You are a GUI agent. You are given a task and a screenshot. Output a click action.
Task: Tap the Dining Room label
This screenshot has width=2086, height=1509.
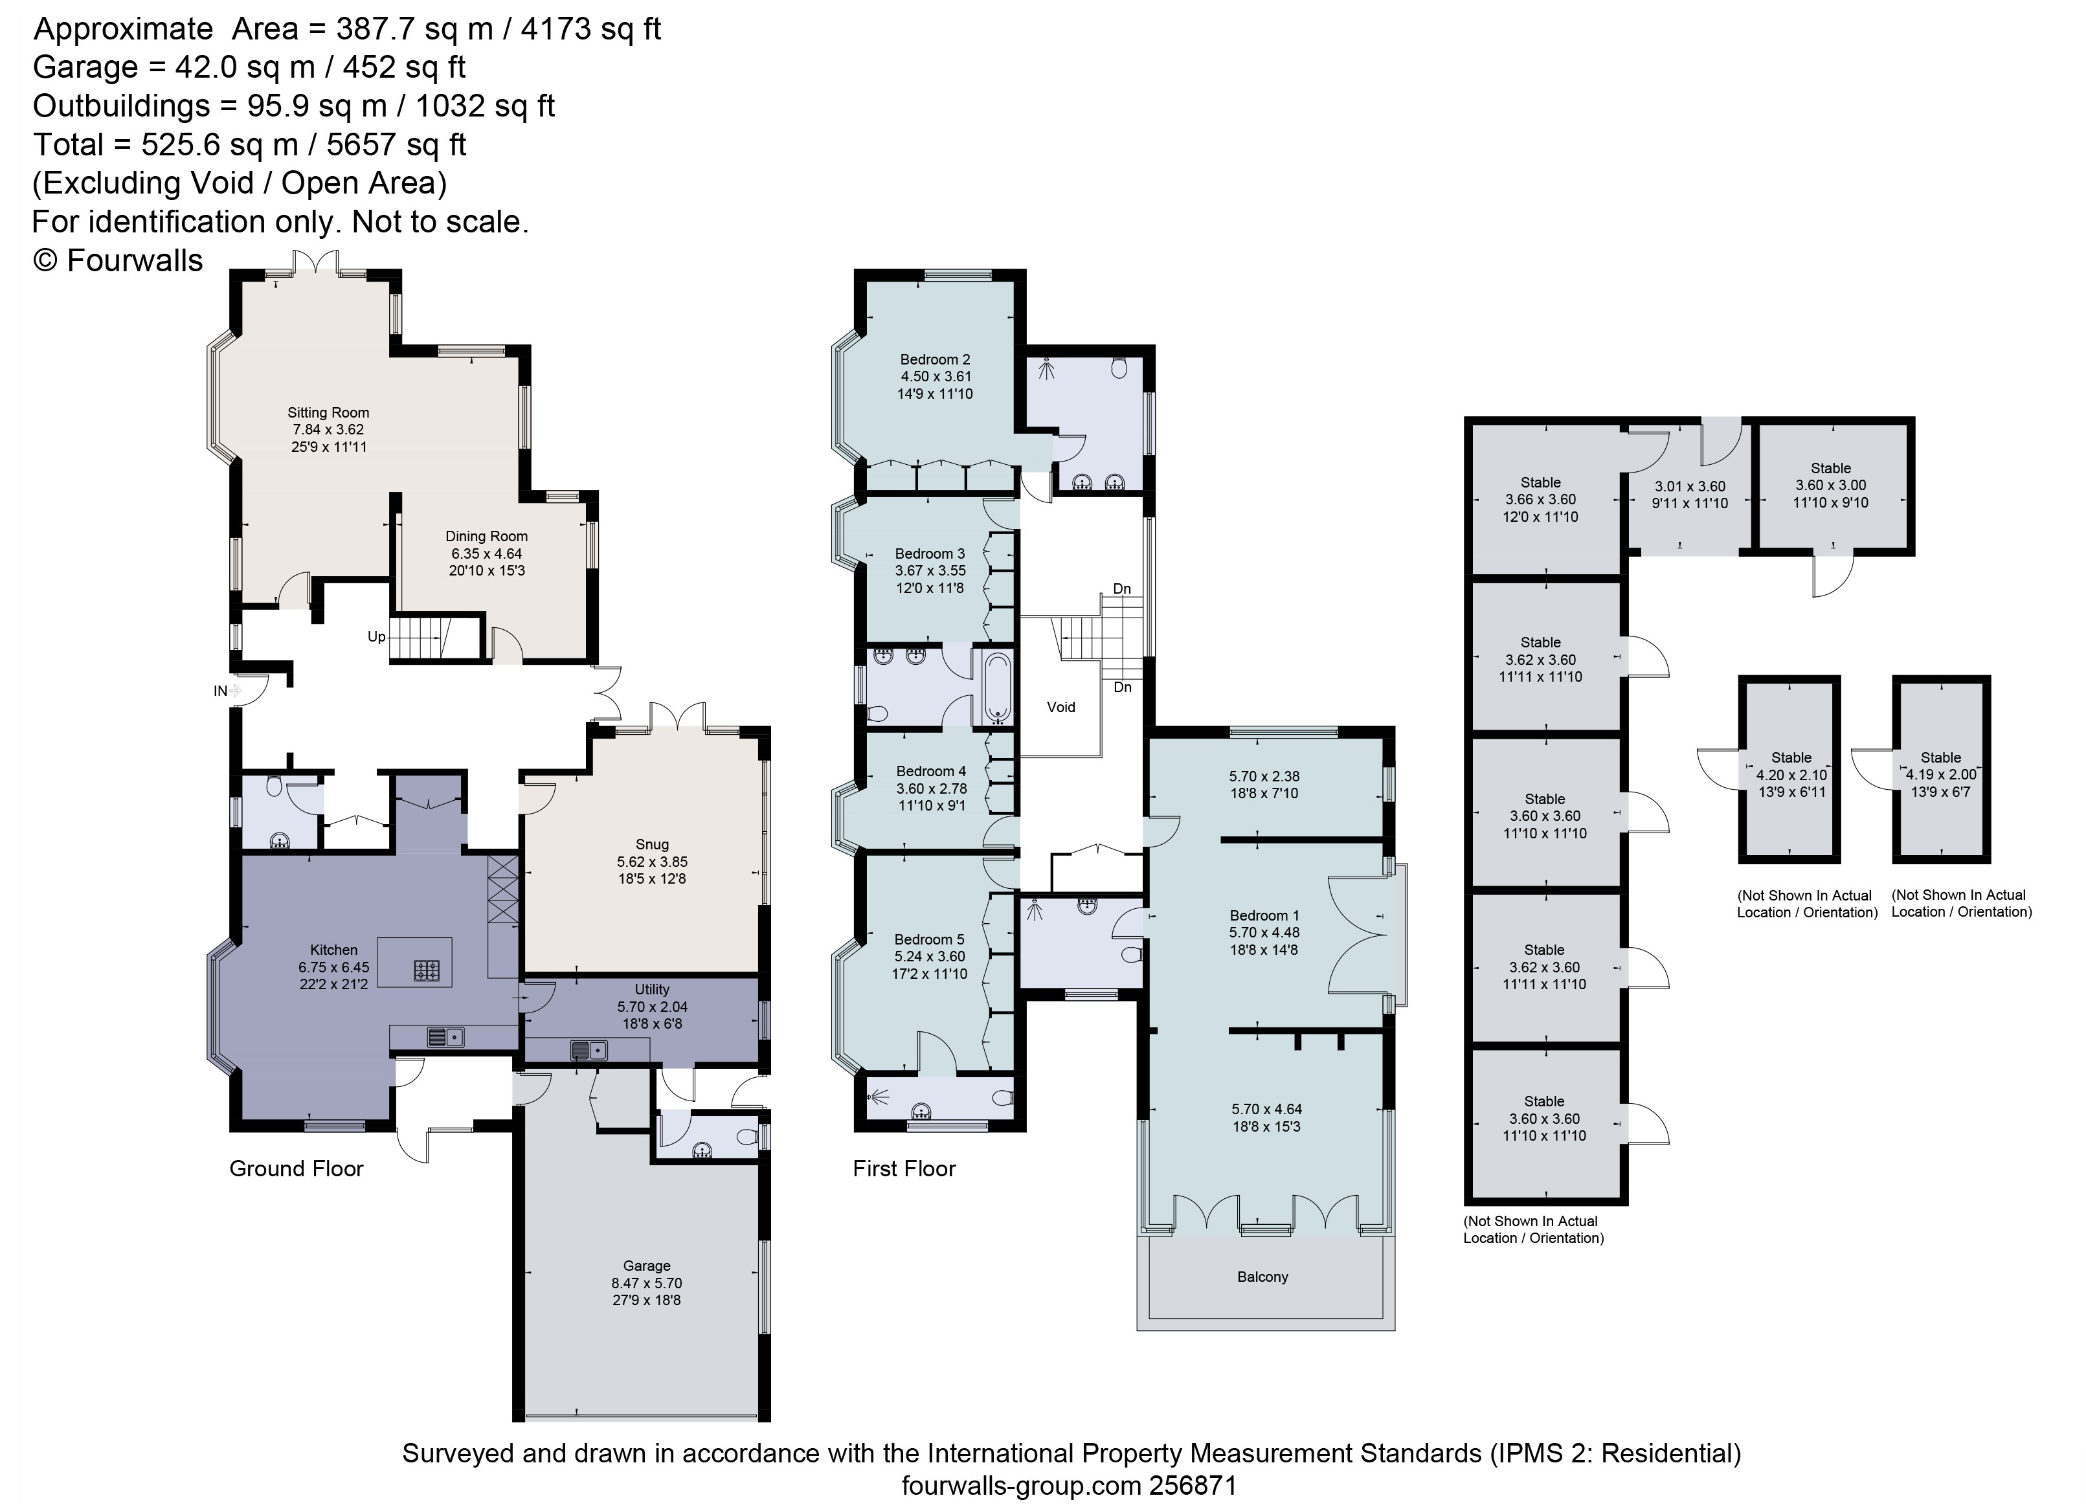click(x=487, y=536)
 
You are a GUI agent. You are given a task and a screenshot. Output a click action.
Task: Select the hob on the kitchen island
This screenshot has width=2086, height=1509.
click(x=427, y=969)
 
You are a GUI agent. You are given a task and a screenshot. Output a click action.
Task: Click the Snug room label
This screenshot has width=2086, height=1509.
click(x=652, y=844)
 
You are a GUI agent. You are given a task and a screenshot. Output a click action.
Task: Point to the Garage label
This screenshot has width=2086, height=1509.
click(x=647, y=1266)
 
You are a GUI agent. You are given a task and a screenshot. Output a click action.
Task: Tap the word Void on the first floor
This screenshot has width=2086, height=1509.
click(x=1061, y=707)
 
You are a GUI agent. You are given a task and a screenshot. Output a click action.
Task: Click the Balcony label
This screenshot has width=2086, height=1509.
click(x=1263, y=1277)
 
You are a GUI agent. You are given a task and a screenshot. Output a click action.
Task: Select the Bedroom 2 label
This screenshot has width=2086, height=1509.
click(x=936, y=359)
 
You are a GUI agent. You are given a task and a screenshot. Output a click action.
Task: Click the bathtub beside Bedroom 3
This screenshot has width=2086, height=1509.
click(x=997, y=687)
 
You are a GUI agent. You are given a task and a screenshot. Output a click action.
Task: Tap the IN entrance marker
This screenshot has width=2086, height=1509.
click(x=221, y=691)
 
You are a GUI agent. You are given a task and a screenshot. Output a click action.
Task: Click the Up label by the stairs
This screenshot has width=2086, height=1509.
click(x=377, y=637)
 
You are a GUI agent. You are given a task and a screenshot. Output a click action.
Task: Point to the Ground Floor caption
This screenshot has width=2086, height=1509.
click(x=296, y=1168)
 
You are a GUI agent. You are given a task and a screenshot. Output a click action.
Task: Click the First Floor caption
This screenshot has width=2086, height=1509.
click(x=904, y=1168)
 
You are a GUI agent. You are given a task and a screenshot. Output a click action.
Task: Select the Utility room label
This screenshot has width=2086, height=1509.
click(x=652, y=989)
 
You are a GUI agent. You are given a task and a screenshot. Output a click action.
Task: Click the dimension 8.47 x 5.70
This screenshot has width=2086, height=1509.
click(x=647, y=1283)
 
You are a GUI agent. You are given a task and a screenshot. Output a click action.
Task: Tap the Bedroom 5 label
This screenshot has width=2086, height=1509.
click(x=930, y=939)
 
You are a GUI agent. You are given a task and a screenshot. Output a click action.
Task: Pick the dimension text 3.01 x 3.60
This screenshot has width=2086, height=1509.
click(x=1690, y=486)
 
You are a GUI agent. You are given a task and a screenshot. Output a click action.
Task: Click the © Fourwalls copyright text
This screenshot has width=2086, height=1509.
click(x=118, y=260)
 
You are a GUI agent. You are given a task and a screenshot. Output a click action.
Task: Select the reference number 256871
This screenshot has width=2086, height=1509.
click(x=1193, y=1486)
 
